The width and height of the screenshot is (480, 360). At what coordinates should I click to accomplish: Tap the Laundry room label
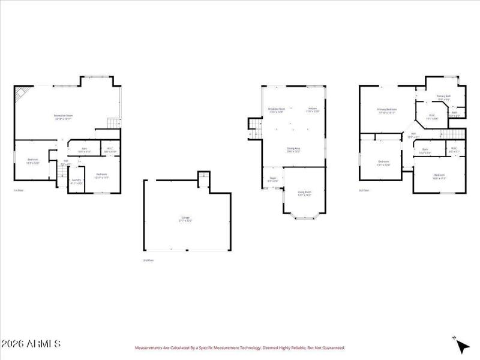tap(76, 181)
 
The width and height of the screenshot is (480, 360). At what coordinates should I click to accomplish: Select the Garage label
tap(186, 219)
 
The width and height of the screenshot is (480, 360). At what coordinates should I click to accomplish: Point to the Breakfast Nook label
tap(276, 110)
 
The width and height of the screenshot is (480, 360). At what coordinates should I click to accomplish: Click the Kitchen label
tap(313, 110)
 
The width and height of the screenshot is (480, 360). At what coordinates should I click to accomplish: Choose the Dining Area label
tap(293, 149)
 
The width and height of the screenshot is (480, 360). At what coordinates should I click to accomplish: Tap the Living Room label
tap(305, 193)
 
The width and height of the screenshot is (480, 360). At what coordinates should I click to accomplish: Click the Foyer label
tap(272, 179)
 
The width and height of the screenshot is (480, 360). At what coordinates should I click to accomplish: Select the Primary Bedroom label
tap(387, 110)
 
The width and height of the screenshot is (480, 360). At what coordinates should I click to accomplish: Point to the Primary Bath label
tap(443, 97)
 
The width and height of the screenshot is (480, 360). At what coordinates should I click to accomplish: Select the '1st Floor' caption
tap(19, 191)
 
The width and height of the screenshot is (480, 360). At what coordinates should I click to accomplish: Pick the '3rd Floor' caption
tap(364, 190)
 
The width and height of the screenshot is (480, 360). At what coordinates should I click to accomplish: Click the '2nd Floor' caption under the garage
tap(148, 260)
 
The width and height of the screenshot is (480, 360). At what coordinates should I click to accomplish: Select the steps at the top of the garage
tap(203, 175)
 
